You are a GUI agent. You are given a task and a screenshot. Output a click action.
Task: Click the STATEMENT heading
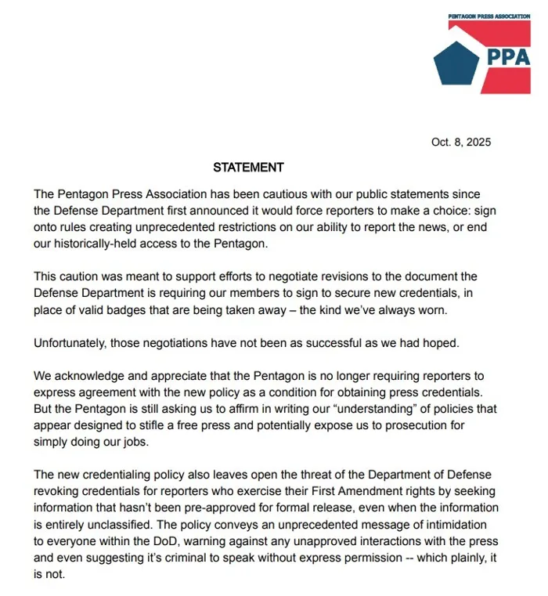click(x=248, y=168)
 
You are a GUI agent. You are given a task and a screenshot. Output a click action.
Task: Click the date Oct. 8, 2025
click(x=460, y=142)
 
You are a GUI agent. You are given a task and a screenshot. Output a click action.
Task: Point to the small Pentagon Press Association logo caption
click(x=489, y=16)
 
